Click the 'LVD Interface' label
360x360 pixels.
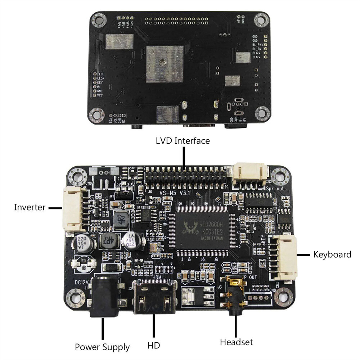pyautogui.click(x=183, y=140)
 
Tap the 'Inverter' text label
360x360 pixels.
pyautogui.click(x=30, y=207)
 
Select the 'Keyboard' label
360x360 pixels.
pyautogui.click(x=332, y=255)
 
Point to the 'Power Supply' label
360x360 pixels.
pyautogui.click(x=102, y=347)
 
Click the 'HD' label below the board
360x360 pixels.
pyautogui.click(x=153, y=346)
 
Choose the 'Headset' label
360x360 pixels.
pyautogui.click(x=236, y=342)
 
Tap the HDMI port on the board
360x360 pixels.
pyautogui.click(x=154, y=296)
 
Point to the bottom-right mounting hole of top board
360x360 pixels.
pyautogui.click(x=262, y=114)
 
